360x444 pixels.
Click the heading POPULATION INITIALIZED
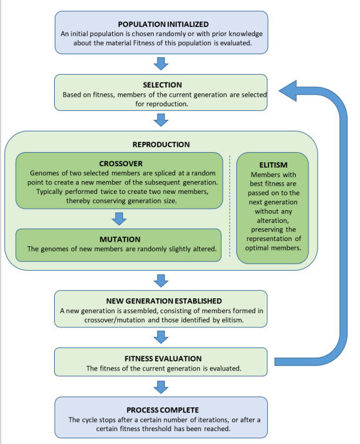point(164,24)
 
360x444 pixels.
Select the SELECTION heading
point(162,85)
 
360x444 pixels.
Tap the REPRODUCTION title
point(161,144)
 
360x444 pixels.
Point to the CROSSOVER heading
point(121,164)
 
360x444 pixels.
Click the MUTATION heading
point(120,240)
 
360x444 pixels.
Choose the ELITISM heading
point(274,165)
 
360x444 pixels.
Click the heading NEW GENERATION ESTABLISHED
point(164,301)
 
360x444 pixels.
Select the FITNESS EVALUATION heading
point(163,359)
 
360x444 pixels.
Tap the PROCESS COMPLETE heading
point(162,410)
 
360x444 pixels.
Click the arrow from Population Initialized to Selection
point(161,64)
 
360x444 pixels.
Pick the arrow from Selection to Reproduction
point(161,120)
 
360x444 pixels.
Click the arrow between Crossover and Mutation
point(119,219)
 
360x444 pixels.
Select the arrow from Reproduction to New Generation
point(161,280)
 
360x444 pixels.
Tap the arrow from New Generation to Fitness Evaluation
point(161,337)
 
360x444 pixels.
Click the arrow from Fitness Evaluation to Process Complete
point(161,387)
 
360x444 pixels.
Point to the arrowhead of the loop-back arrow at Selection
point(279,91)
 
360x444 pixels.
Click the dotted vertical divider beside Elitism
point(229,206)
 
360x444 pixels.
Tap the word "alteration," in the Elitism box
point(273,220)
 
